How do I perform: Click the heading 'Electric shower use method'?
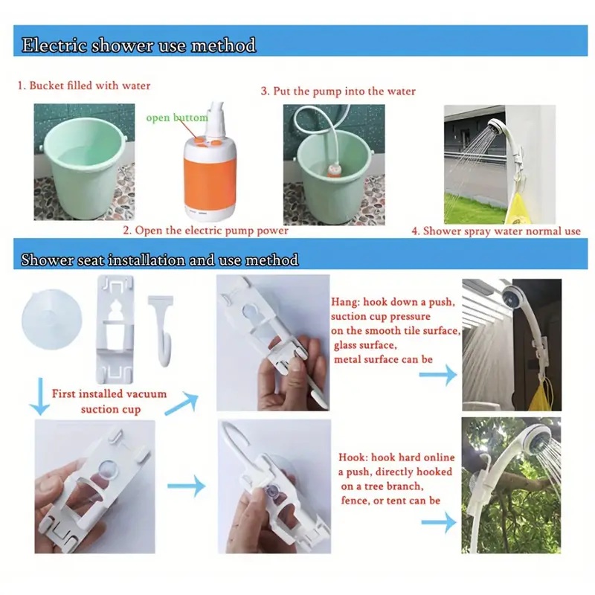(138, 45)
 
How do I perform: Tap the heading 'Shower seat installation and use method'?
(159, 260)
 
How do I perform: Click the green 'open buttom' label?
(177, 118)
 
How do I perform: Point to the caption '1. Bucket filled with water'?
(84, 86)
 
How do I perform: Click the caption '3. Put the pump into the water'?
(338, 91)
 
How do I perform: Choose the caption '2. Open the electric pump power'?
(205, 231)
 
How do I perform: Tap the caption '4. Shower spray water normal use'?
(496, 231)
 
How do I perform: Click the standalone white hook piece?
(164, 330)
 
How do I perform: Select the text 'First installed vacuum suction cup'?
(109, 401)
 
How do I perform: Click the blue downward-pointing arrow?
(39, 396)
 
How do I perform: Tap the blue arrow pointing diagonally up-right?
(183, 403)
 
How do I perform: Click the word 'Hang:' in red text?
(345, 302)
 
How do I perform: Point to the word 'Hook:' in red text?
(353, 457)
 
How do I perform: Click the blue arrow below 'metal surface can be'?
(438, 375)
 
